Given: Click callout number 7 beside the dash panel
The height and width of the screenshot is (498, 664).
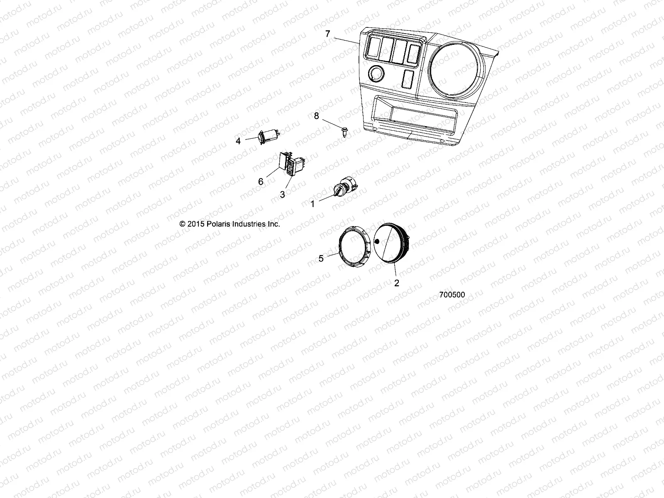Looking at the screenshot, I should (x=327, y=34).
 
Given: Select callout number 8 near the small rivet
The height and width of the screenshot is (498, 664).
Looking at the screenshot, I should (x=317, y=116).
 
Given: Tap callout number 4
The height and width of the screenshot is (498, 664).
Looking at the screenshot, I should (x=238, y=141).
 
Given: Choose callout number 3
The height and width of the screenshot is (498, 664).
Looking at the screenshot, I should (x=283, y=194).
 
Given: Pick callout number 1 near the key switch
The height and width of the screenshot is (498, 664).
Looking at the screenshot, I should (x=313, y=204).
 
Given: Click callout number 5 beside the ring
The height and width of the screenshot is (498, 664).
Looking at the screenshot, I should (x=321, y=259).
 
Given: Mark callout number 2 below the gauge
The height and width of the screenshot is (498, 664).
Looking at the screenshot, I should (x=397, y=283).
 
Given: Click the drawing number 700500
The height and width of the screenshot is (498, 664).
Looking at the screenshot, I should (x=452, y=295).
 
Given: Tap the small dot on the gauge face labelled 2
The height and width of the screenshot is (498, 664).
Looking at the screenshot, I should (x=377, y=242).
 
